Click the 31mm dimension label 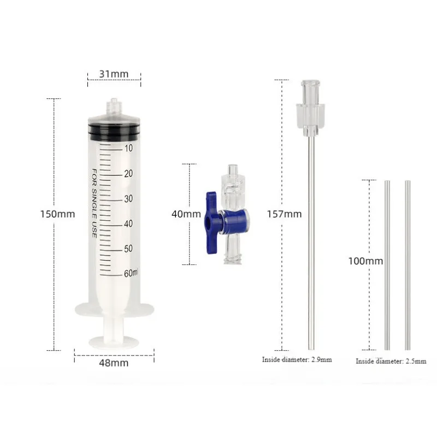tap(114, 74)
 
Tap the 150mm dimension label tap(58, 214)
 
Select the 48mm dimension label tap(114, 363)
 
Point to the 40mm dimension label tap(186, 214)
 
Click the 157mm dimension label tap(284, 214)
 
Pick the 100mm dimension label tap(365, 261)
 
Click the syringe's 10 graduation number tap(128, 148)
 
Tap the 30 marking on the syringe tap(128, 199)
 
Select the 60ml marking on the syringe tap(131, 273)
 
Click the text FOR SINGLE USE tap(95, 203)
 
